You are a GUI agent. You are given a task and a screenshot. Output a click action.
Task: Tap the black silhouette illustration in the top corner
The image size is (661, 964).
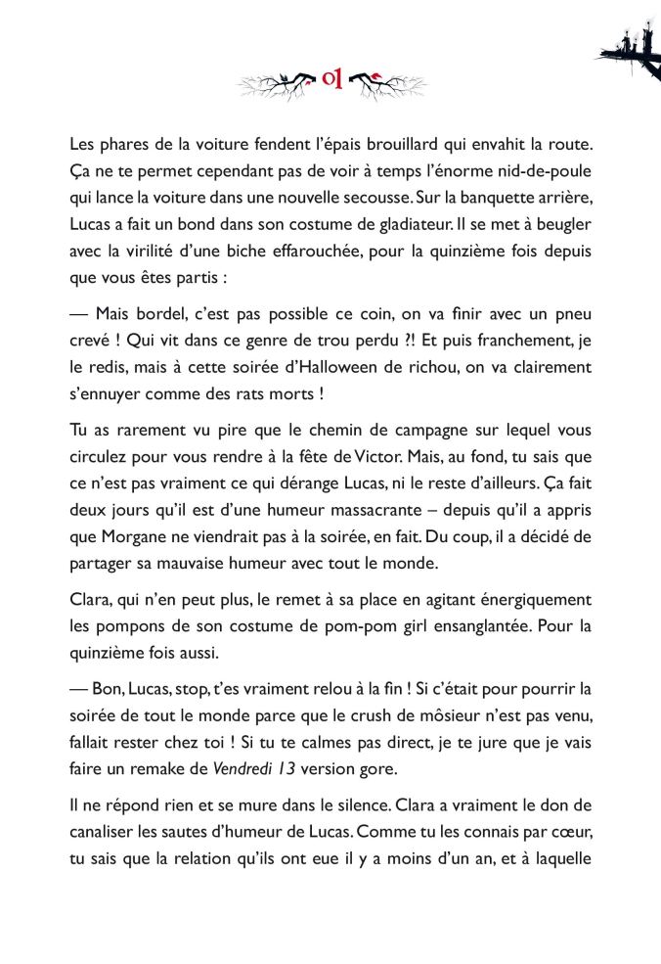tap(630, 44)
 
